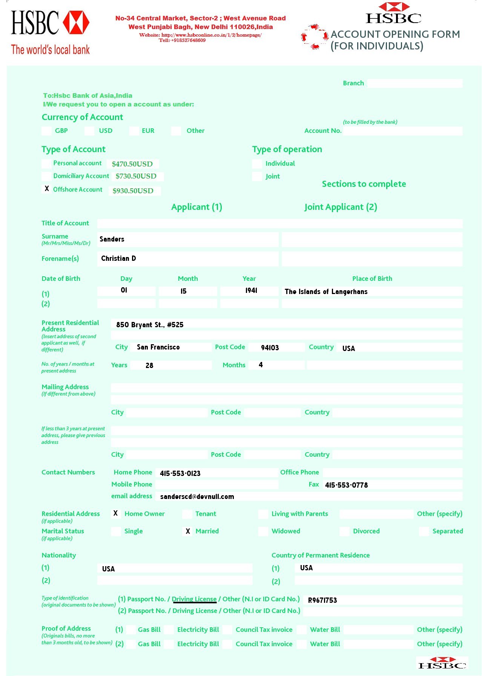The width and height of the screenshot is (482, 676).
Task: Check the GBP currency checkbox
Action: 46,131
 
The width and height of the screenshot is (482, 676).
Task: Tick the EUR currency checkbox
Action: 134,131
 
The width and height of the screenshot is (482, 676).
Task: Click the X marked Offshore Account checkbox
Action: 47,189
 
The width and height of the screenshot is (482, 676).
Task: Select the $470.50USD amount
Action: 132,164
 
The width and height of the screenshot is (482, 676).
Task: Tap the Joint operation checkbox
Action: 257,176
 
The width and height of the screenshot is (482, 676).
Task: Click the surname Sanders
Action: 112,239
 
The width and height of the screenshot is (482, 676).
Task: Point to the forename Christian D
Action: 118,258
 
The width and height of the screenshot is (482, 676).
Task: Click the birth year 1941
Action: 251,290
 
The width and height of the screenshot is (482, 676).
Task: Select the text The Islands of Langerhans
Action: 326,291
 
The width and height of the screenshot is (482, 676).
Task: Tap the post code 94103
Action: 270,348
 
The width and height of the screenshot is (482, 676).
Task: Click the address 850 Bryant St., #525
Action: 150,325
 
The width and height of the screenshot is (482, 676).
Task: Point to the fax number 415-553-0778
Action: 346,485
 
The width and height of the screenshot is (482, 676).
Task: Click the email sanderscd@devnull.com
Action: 197,496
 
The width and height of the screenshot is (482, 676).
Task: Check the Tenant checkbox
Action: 187,514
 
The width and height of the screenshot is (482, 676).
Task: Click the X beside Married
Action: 188,531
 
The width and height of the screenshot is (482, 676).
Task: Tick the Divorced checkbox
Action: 344,531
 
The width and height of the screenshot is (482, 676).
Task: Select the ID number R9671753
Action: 322,600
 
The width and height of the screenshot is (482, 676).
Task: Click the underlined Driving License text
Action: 194,599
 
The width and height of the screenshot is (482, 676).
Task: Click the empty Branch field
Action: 414,83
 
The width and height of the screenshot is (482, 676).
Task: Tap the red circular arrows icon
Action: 314,37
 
